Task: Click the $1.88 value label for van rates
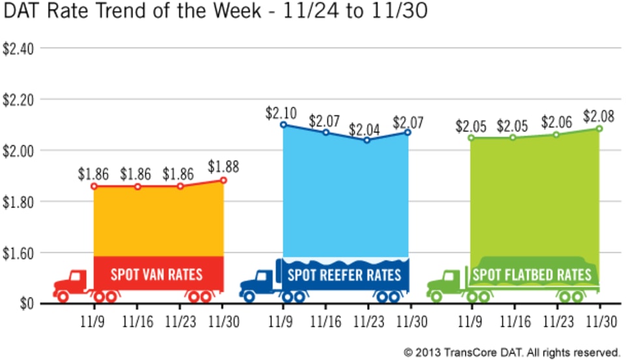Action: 224,167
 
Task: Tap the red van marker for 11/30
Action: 224,180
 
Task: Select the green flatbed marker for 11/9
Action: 470,138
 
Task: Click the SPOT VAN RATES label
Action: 156,275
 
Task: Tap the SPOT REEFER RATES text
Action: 344,275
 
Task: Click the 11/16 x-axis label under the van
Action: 136,322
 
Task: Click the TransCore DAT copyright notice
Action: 511,352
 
